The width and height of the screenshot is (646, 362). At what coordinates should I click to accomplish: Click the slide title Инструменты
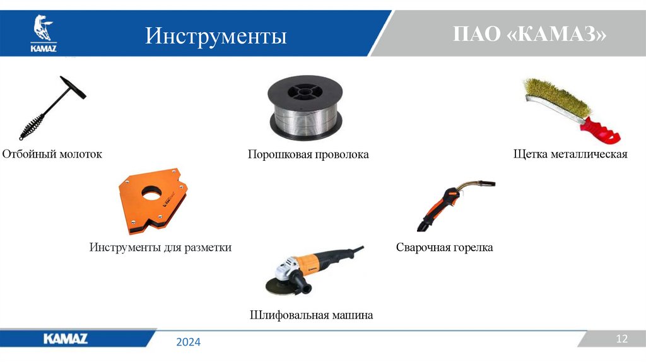pos(216,35)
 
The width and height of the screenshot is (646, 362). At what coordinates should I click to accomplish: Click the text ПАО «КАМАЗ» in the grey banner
pos(529,34)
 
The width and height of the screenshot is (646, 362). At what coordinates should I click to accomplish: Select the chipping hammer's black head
pos(73,87)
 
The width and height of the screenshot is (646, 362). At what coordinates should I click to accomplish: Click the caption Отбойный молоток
pos(52,154)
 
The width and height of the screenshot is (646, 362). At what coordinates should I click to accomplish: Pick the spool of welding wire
pos(305,108)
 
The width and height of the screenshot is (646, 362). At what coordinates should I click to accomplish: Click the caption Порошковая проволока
pos(308,155)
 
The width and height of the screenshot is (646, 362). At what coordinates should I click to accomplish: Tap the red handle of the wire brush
pos(601,131)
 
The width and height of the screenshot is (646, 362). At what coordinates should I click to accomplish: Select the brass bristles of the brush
pos(556,96)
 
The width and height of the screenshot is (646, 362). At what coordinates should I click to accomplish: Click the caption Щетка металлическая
pos(570,154)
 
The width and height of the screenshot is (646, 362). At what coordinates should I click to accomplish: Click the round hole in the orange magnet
pos(151,193)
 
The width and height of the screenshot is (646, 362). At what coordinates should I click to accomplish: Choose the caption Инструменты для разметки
pos(160,247)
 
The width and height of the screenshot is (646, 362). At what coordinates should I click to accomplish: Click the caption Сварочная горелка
pos(444,247)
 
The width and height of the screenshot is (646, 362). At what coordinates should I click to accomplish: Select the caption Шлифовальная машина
pos(311,315)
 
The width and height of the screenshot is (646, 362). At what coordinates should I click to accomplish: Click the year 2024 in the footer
pos(188,342)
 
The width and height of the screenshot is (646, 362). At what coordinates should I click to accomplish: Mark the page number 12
pos(621,339)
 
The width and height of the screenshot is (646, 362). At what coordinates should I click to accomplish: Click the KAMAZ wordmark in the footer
pos(66,339)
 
